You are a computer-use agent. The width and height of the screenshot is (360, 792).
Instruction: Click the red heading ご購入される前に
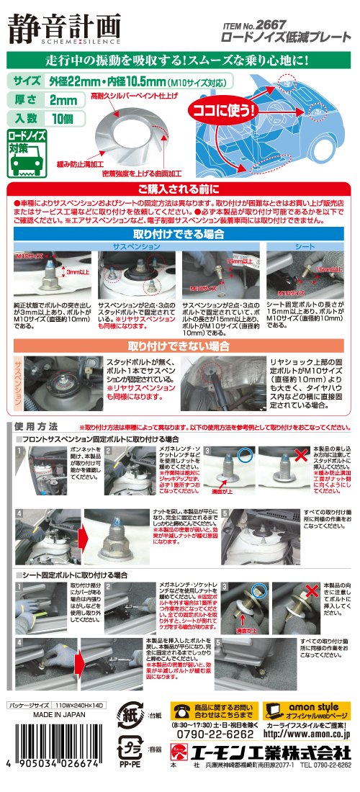[179, 189]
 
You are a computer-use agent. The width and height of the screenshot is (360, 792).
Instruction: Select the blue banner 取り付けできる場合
[179, 233]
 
